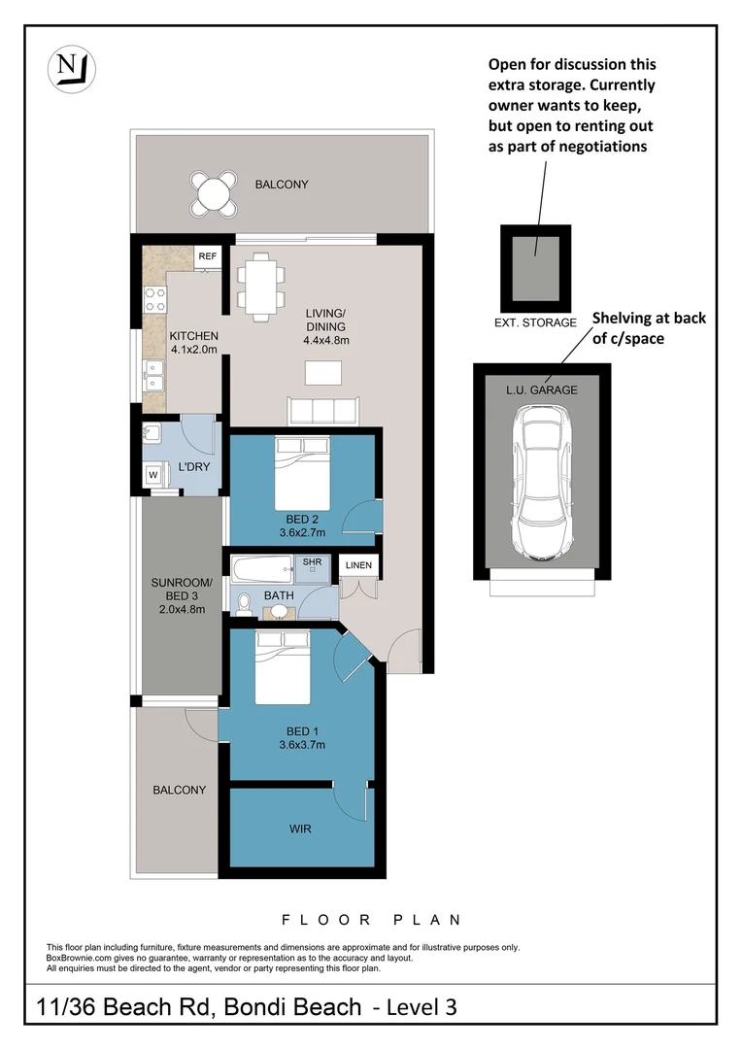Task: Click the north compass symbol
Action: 72,69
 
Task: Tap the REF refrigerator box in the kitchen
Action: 207,256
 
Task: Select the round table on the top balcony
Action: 214,192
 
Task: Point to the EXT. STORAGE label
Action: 535,321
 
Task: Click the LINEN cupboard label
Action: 357,565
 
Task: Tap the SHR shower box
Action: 312,563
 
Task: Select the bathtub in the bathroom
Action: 261,566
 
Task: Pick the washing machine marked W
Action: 153,474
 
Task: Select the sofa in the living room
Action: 322,411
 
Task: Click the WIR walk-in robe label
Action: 300,829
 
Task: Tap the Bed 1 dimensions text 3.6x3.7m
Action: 300,745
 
